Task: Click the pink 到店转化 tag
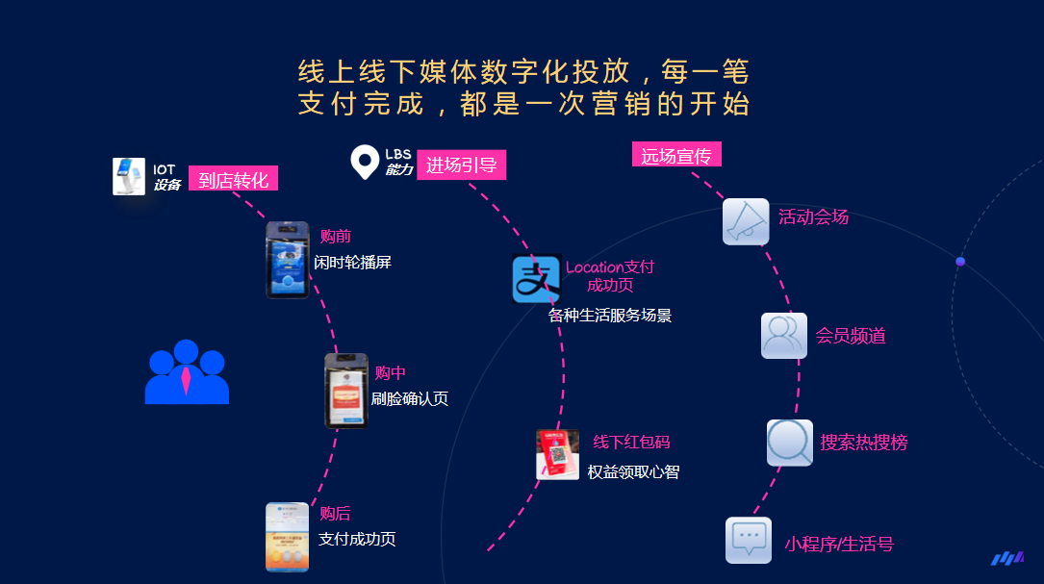pos(233,178)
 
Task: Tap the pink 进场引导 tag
pos(462,165)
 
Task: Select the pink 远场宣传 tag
pos(676,155)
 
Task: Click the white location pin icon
pos(365,162)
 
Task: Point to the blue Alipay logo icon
pos(536,279)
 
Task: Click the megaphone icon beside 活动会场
pos(746,221)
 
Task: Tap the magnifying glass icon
pos(790,443)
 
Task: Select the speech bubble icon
pos(749,540)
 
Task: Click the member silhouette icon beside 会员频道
pos(784,336)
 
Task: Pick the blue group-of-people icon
pos(187,372)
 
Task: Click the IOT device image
pos(129,176)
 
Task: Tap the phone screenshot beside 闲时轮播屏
pos(288,260)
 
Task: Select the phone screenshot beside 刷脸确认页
pos(346,391)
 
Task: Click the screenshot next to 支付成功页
pos(287,537)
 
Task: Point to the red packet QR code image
pos(557,455)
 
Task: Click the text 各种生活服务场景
pos(610,315)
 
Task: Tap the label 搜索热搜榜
pos(863,443)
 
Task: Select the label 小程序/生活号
pos(839,544)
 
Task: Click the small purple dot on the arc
pos(960,262)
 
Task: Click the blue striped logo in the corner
pos(1007,558)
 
